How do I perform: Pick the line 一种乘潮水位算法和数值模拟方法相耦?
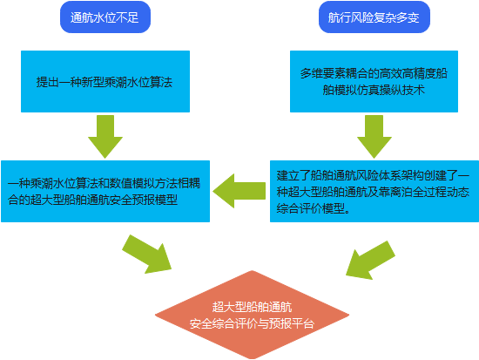click(x=105, y=184)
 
